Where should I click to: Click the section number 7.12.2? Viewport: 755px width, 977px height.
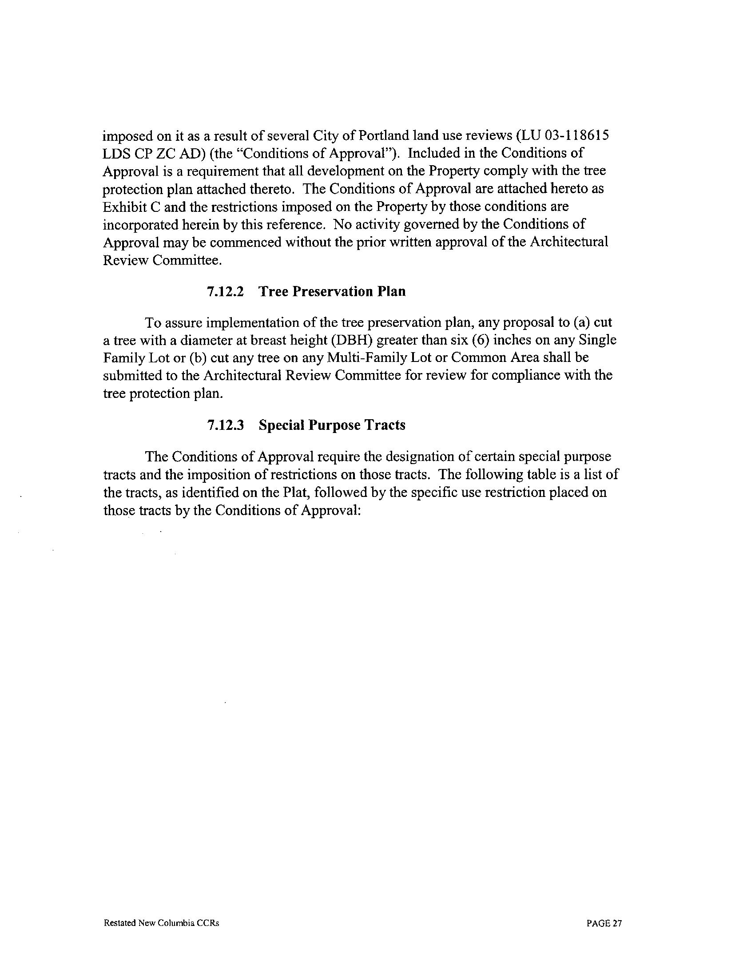coord(226,292)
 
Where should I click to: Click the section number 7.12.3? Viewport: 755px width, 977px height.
coord(226,425)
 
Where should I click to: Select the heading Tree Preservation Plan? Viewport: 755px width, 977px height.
coord(332,292)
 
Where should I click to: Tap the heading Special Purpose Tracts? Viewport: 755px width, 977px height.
coord(332,425)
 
